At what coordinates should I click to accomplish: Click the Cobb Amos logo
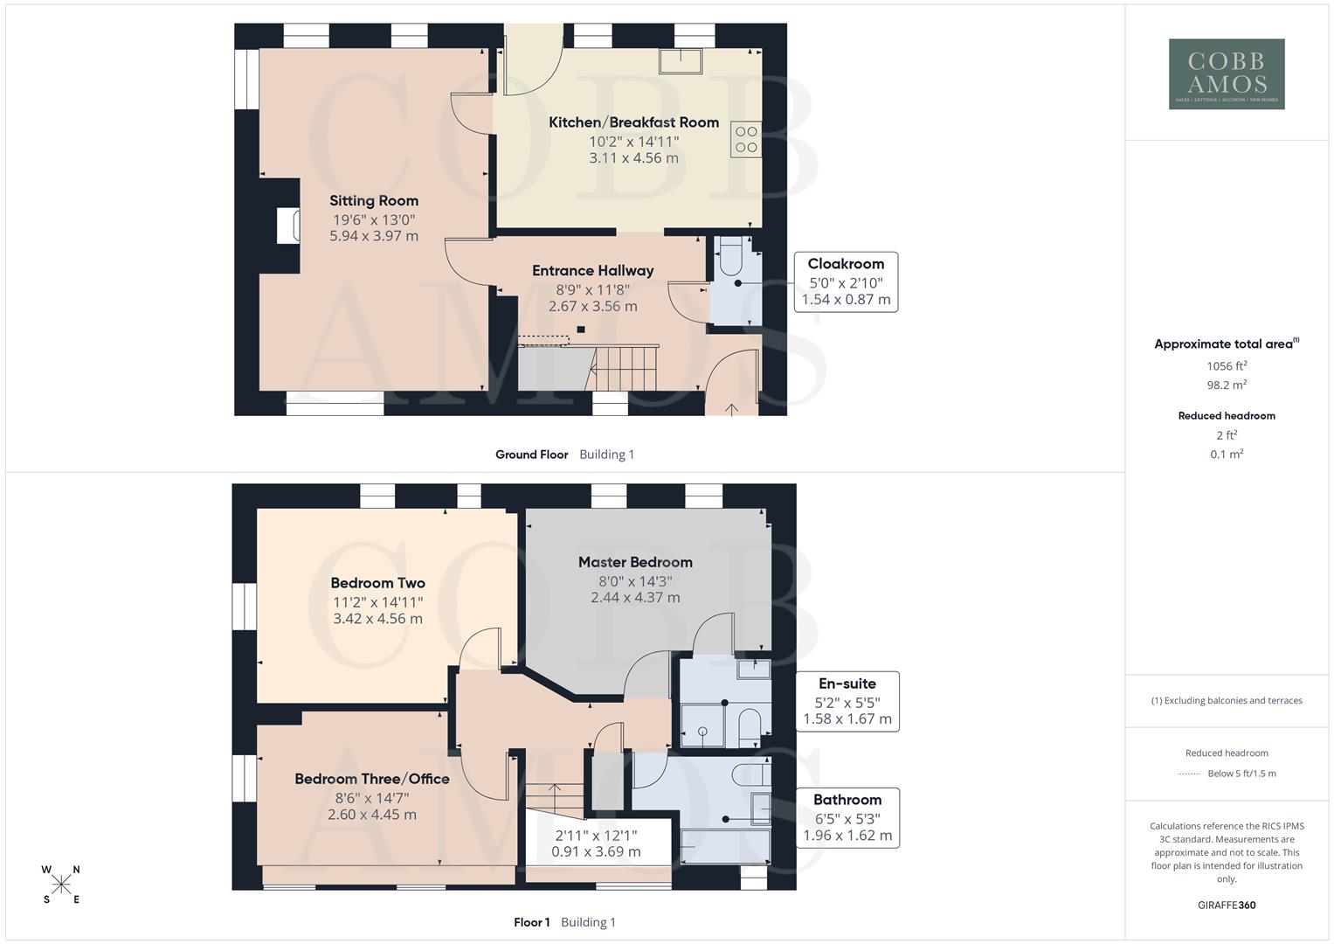[1227, 74]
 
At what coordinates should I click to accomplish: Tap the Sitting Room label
[374, 201]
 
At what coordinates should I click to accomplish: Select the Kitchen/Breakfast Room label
[633, 122]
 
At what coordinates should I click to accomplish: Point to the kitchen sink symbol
[681, 60]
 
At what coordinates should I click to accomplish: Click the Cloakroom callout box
[846, 281]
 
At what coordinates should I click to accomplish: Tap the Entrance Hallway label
[592, 271]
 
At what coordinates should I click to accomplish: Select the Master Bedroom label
[635, 562]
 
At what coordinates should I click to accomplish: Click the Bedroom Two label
[377, 583]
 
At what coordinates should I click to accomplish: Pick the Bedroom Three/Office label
[372, 779]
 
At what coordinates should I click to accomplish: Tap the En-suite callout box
[847, 701]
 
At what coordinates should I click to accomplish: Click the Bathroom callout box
[847, 817]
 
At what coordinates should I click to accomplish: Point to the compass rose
[61, 885]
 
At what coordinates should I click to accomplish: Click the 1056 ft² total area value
[1227, 366]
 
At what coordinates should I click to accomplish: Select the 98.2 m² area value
[1227, 385]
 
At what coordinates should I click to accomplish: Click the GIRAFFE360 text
[1227, 906]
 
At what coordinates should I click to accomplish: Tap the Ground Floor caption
[531, 455]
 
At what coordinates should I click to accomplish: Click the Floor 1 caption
[531, 922]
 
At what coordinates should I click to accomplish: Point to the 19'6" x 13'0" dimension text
[374, 219]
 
